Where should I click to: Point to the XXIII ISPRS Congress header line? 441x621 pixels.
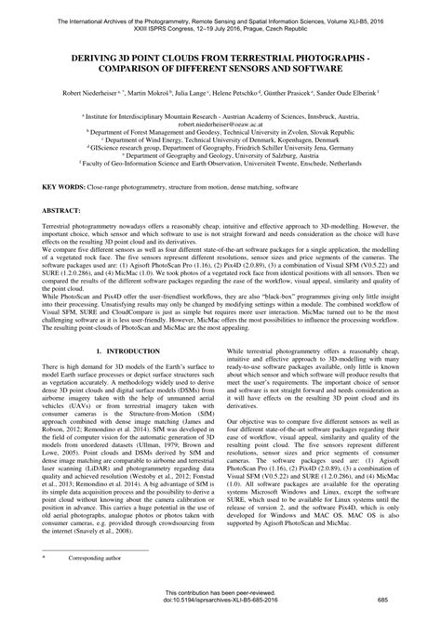[220, 19]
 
